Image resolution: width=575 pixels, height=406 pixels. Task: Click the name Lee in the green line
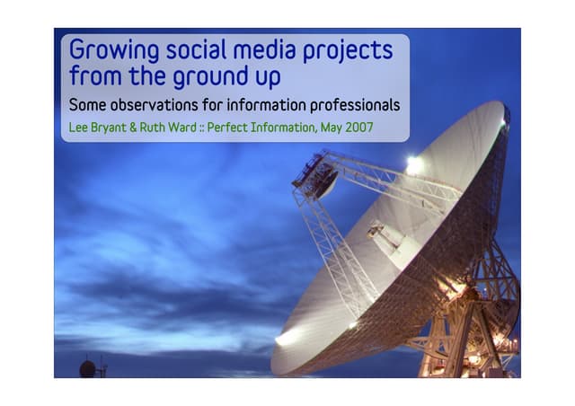[x=78, y=127]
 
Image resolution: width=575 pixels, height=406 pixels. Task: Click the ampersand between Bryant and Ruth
[x=142, y=127]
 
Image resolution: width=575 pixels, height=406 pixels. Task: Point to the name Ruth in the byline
[x=163, y=127]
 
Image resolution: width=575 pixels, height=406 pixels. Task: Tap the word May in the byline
[x=332, y=127]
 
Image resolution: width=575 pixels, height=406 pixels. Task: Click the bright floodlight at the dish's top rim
[x=412, y=164]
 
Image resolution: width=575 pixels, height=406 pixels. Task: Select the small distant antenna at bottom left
[x=88, y=367]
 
